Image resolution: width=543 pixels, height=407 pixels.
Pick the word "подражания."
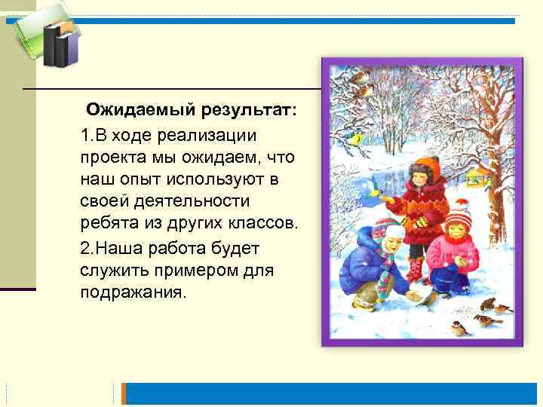click(x=131, y=292)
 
